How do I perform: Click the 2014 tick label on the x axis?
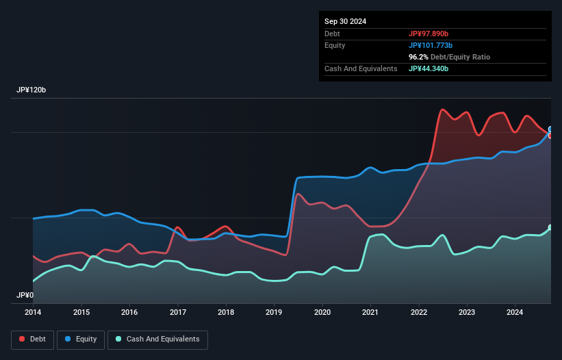click(33, 312)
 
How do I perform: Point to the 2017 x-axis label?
click(177, 312)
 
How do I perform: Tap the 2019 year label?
click(274, 312)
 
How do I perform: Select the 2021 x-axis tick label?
click(370, 312)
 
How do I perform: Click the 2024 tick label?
click(515, 312)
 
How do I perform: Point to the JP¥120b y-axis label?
click(31, 90)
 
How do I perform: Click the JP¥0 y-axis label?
click(25, 296)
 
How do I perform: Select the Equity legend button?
click(81, 339)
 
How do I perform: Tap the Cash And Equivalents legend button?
click(157, 339)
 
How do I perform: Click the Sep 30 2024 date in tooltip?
click(345, 21)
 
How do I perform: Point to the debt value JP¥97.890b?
click(429, 34)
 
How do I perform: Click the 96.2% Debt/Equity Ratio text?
click(449, 57)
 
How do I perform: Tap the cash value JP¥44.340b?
click(429, 68)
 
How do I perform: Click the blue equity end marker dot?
click(550, 129)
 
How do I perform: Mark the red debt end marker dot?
click(550, 136)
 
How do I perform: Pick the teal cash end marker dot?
click(550, 227)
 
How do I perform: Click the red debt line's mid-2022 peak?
click(443, 110)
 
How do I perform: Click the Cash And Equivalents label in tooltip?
click(361, 68)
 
